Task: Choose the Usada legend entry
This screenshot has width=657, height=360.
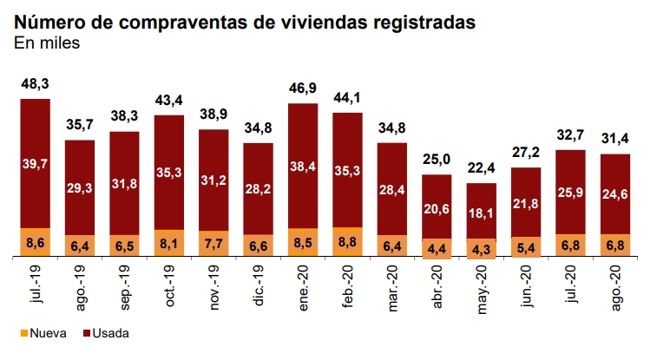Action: [x=103, y=331]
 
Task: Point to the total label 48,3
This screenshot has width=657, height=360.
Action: [x=36, y=84]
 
